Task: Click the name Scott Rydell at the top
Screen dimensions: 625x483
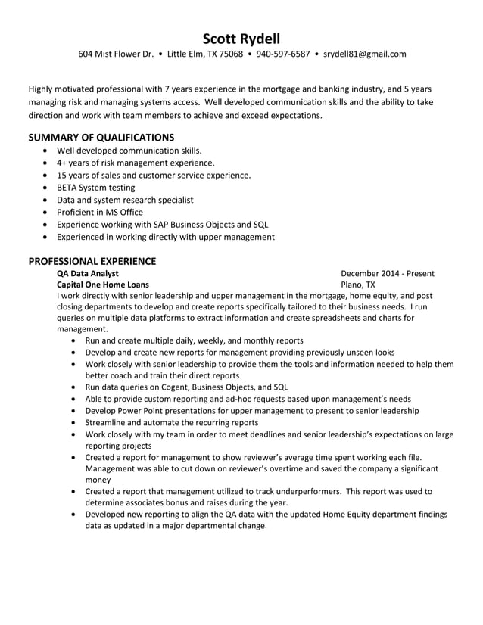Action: coord(241,38)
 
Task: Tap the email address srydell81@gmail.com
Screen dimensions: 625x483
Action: coord(365,54)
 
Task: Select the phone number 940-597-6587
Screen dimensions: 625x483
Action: coord(282,54)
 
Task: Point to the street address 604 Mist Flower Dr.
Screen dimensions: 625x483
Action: coord(116,54)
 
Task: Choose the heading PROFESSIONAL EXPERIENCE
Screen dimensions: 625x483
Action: coord(92,261)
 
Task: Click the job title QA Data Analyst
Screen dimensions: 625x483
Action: coord(87,273)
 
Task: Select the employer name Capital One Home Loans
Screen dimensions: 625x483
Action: coord(103,285)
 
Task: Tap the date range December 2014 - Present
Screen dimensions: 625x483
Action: coord(387,273)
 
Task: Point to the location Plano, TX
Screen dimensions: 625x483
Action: coord(358,285)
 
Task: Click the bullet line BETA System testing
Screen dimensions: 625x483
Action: coord(95,188)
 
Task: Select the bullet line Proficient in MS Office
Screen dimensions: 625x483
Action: coord(99,213)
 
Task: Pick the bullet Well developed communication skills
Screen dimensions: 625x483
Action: coord(129,151)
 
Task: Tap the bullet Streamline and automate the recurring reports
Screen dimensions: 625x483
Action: coord(171,423)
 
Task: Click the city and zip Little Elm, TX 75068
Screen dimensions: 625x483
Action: coord(204,54)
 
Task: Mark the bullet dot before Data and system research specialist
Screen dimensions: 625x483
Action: coord(47,201)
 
